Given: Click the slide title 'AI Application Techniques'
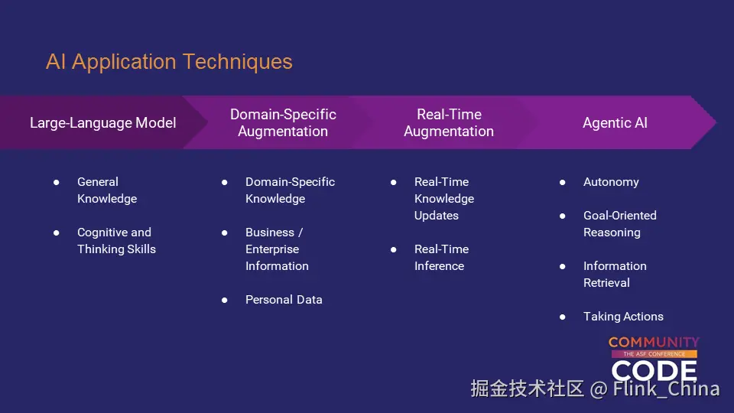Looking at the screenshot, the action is coord(169,62).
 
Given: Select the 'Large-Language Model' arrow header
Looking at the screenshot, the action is coord(103,122).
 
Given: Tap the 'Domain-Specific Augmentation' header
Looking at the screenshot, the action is coord(283,122).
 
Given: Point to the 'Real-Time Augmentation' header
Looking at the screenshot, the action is coord(449,122).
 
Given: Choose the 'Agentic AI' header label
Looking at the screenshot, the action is coord(615,122).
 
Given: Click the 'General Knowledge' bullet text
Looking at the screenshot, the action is coord(107,190).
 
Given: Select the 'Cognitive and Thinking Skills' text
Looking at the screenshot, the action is coord(116,241).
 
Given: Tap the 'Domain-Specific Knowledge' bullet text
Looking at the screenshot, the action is coord(291,190).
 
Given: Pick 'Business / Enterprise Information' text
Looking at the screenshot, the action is coord(277,249).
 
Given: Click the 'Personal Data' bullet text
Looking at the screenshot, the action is coord(284,300).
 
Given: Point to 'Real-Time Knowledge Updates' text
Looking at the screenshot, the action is coord(444,199).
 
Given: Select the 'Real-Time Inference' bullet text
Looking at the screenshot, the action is coord(441,258).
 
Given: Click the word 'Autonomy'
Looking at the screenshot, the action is coord(611,182).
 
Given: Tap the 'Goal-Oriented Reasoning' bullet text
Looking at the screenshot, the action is coord(620,224).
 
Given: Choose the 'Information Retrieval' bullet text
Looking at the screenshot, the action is coord(615,275).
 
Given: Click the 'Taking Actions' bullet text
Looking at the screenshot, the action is coord(623,317).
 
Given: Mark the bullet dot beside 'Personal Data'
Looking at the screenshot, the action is coord(225,300).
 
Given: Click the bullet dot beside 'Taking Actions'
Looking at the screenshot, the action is coord(563,317).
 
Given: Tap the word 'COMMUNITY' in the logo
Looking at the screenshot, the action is coord(654,343).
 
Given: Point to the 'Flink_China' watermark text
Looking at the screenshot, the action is coord(666,389).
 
